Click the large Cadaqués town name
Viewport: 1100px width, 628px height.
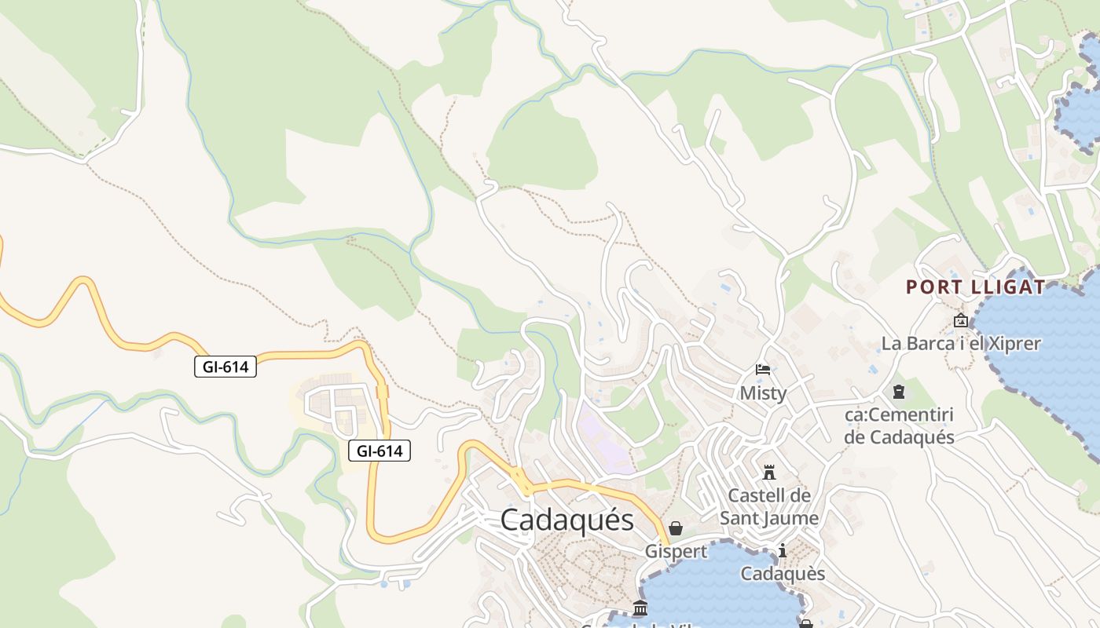(566, 520)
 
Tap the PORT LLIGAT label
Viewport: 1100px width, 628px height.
(976, 287)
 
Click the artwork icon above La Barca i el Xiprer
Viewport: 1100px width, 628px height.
(960, 320)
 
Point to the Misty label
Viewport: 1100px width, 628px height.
(763, 392)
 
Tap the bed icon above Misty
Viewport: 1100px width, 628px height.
(763, 369)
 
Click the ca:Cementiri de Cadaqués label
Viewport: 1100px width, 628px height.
(899, 425)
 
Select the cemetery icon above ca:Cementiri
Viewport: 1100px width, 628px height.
(899, 391)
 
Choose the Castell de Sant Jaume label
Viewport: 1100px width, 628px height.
(769, 506)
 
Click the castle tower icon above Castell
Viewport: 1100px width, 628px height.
(769, 472)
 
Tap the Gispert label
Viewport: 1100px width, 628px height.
(676, 551)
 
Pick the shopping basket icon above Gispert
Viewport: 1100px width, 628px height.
(676, 528)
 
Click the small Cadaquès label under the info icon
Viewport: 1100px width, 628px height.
(783, 574)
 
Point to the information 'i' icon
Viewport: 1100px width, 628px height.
(783, 551)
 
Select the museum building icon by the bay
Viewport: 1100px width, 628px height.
(640, 608)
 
